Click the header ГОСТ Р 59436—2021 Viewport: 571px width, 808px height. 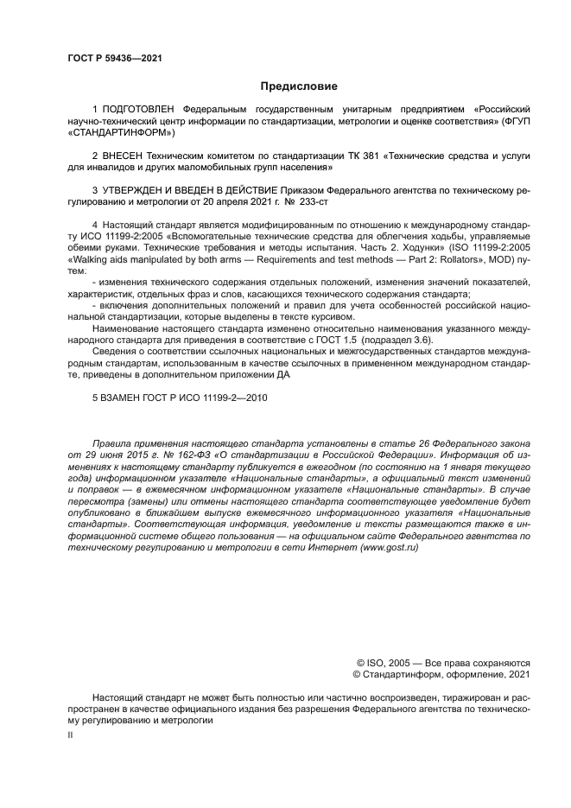pos(115,59)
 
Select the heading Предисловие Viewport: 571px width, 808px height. pos(299,86)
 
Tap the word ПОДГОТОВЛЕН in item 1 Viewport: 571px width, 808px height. pos(138,110)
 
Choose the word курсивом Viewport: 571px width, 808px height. pos(310,316)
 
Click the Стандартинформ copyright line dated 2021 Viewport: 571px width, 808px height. pos(441,674)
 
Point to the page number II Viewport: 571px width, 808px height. pos(70,733)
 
